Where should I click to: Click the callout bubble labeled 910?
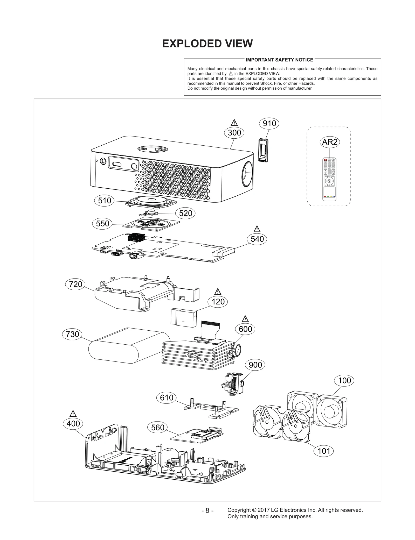(269, 124)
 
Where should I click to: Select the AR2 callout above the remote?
(329, 142)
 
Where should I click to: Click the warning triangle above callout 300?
(234, 123)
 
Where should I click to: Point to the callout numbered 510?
(104, 201)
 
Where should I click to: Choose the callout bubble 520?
(185, 213)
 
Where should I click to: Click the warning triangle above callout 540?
(257, 229)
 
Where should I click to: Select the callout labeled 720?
(75, 284)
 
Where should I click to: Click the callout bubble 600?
(245, 329)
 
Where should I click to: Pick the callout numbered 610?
(166, 397)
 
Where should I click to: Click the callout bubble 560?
(157, 427)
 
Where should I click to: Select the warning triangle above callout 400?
(73, 414)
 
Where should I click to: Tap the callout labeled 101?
(324, 451)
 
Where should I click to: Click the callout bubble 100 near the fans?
(344, 380)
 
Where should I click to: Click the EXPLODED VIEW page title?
(207, 44)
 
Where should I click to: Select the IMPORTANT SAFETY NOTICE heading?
(279, 60)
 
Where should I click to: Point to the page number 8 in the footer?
(207, 510)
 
